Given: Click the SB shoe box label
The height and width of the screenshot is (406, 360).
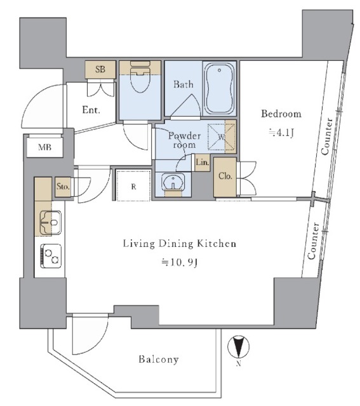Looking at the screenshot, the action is [100, 69].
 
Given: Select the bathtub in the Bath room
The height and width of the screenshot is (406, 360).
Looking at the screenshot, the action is [220, 89].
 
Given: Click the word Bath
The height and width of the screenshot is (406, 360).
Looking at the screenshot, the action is [183, 84].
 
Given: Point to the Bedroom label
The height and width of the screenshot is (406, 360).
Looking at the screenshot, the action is [281, 114].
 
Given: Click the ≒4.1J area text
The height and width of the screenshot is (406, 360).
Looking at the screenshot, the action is [281, 133].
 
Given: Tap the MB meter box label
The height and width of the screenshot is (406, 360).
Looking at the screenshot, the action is [45, 147].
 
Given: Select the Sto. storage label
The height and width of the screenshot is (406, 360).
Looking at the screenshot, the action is [63, 187].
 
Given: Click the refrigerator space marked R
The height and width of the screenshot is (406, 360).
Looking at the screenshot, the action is [133, 185].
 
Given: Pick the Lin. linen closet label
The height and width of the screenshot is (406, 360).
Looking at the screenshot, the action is [202, 162].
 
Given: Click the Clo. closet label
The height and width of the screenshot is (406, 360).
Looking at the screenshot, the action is [225, 176].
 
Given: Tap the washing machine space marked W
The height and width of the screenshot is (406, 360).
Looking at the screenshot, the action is [222, 137].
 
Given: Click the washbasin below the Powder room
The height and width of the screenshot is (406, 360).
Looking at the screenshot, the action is [173, 183].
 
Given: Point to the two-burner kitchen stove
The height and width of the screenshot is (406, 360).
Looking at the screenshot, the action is [51, 256].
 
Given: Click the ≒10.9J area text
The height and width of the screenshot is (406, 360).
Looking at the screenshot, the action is [179, 263].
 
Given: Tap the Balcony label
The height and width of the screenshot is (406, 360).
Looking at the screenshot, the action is [159, 359].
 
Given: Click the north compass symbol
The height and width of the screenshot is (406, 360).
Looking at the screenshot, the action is [239, 346].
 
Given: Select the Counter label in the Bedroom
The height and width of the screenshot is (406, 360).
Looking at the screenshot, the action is [326, 136].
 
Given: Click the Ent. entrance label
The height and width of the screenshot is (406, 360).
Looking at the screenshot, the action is [91, 110].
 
